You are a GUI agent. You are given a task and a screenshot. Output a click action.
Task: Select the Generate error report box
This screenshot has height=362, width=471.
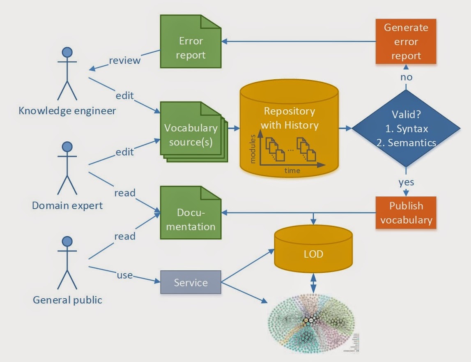click(x=406, y=42)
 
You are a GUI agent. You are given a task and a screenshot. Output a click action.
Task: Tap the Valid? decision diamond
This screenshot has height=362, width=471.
click(x=406, y=129)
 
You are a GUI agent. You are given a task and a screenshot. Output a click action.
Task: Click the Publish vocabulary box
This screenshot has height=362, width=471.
click(x=406, y=213)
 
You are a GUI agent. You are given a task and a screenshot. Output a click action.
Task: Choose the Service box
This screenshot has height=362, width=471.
click(x=191, y=282)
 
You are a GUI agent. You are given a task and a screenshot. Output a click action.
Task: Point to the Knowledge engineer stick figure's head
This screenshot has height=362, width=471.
click(x=67, y=52)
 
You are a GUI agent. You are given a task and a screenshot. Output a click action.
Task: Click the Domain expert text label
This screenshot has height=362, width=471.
click(x=67, y=205)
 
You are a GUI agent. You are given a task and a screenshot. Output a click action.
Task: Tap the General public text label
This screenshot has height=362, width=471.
click(x=67, y=300)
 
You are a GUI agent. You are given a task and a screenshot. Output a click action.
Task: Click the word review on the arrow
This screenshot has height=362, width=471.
click(x=124, y=60)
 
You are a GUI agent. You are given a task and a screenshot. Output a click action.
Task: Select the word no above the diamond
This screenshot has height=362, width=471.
click(x=406, y=77)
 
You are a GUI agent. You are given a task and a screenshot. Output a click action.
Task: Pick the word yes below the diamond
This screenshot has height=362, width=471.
click(x=406, y=181)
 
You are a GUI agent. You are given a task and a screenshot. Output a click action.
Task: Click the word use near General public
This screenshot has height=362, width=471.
click(x=124, y=275)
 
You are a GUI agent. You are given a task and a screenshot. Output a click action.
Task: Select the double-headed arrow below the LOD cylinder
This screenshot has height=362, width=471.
click(x=314, y=283)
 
